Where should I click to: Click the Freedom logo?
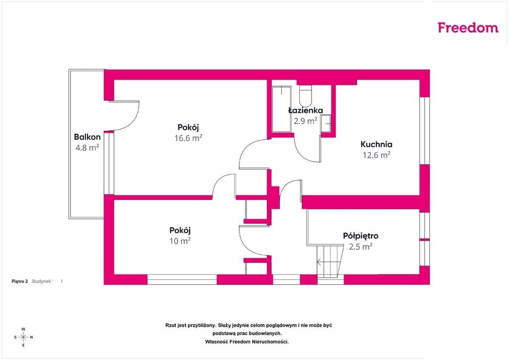point(468,27)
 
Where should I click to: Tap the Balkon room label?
point(87,137)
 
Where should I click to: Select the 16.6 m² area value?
point(188,138)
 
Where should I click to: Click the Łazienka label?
point(306,110)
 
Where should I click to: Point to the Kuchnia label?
point(377,144)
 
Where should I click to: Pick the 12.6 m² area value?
point(377,155)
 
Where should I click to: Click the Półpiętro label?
point(361,236)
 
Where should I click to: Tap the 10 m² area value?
point(180,241)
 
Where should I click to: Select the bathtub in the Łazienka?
point(281,109)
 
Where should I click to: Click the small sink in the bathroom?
point(326,123)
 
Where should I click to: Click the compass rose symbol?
point(23,337)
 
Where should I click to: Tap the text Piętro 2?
point(20,281)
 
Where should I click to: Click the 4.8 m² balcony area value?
point(87,148)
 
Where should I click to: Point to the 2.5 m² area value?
point(361,247)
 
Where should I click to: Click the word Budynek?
point(42,281)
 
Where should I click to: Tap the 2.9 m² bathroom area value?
point(306,121)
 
